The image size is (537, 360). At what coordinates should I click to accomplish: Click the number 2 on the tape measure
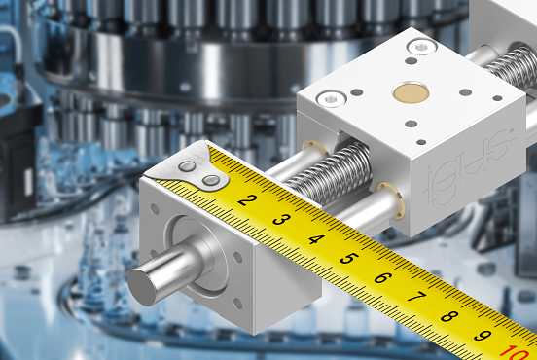247,199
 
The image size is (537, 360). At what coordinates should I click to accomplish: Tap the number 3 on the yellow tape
281,219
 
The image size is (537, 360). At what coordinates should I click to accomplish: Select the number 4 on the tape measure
316,238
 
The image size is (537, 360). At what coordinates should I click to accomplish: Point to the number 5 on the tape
349,258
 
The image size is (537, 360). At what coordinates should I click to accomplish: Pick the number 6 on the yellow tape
383,277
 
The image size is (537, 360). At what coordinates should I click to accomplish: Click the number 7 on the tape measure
416,297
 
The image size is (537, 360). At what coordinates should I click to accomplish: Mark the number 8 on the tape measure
449,316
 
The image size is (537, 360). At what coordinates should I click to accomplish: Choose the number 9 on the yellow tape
483,335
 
